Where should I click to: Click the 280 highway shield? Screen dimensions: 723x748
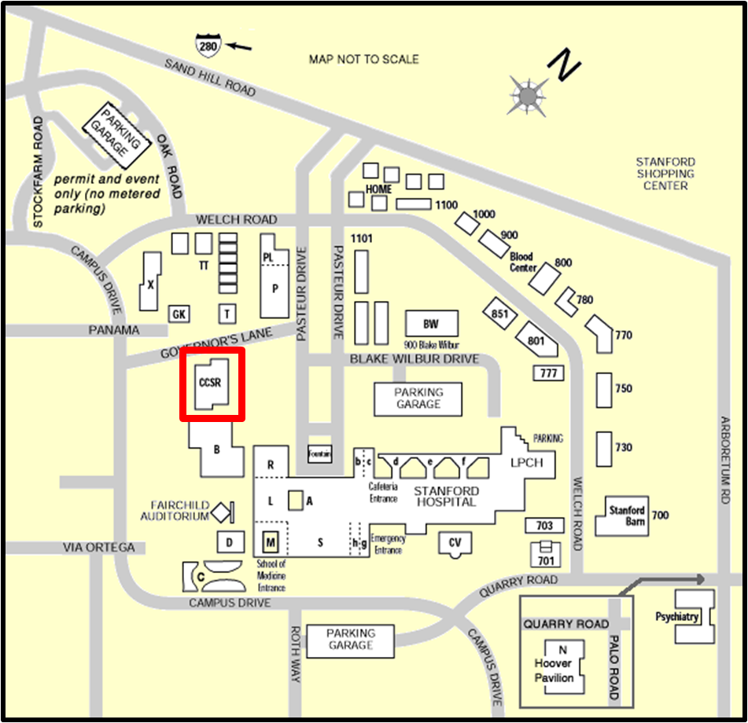pos(208,46)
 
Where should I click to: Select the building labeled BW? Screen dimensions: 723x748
pos(430,324)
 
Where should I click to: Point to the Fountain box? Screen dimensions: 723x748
pos(319,454)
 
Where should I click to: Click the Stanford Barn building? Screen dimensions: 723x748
pos(626,516)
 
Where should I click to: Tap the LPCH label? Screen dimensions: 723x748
pos(525,462)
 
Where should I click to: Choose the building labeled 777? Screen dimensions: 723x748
pos(548,373)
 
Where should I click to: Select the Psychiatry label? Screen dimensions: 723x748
pos(677,617)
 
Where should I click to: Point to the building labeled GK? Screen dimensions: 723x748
pos(179,314)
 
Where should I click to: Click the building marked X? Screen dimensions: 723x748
pos(149,284)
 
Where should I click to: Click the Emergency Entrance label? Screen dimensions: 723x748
pos(388,544)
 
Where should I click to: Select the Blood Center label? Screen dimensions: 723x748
pos(521,262)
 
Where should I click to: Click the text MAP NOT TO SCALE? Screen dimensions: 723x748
pos(363,59)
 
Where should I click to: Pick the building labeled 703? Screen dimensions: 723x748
pos(544,525)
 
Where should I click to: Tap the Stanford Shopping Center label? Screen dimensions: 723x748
pos(665,174)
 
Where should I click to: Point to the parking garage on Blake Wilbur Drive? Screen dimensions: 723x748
pos(418,398)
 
